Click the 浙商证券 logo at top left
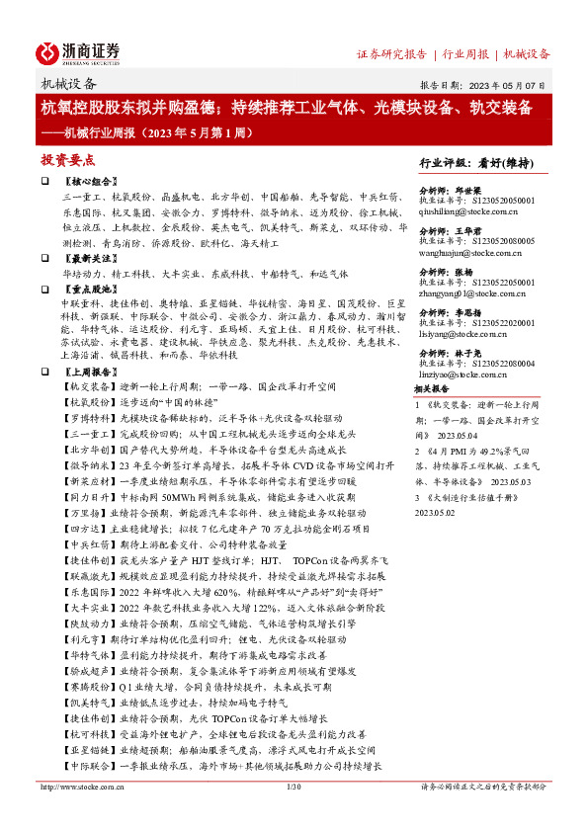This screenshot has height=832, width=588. pos(78,51)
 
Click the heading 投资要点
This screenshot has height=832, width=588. pos(68,160)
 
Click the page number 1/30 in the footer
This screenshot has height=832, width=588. pos(293,787)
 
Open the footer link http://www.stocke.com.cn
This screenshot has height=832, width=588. pos(74,787)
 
